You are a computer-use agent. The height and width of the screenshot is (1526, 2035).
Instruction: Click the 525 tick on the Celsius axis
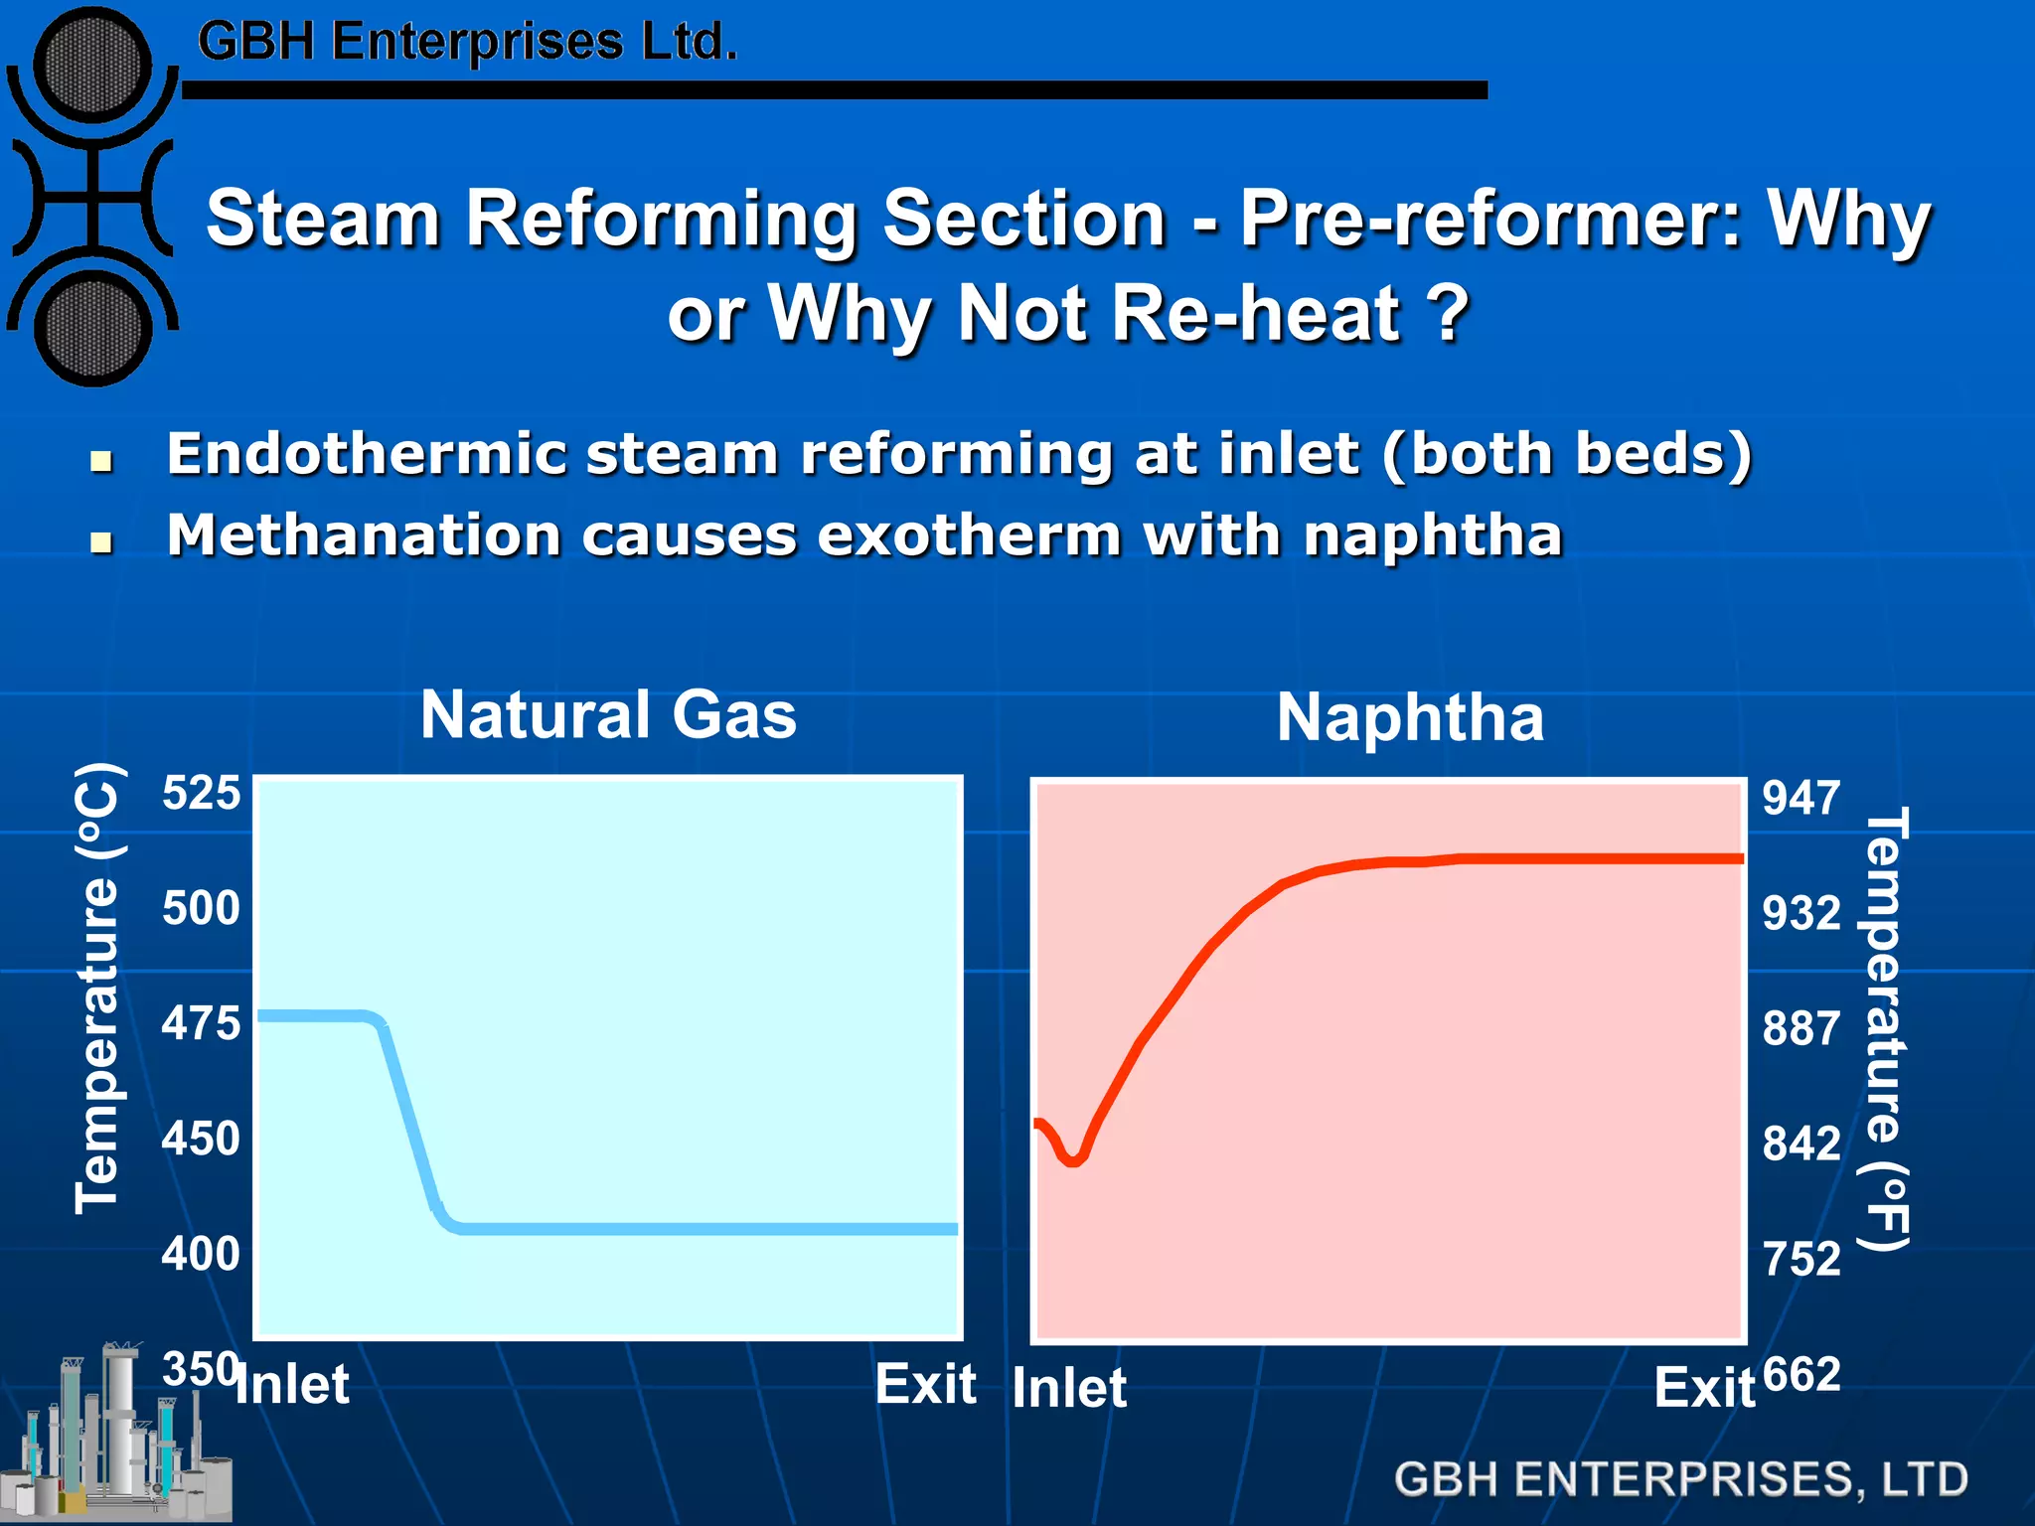(201, 794)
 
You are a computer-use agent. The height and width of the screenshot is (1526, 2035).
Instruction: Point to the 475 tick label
(201, 1023)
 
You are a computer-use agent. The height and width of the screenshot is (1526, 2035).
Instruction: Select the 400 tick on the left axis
(201, 1254)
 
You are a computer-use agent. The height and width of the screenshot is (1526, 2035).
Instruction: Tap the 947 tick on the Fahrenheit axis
(1801, 798)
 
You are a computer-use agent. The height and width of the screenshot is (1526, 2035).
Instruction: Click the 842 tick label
(1801, 1144)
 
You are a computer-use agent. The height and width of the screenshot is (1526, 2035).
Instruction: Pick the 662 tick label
(1801, 1376)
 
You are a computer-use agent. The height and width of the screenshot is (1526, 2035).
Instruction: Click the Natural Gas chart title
(608, 714)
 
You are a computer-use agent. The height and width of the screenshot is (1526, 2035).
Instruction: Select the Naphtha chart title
(1410, 717)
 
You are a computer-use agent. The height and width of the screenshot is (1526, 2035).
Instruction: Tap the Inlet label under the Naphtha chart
(1069, 1388)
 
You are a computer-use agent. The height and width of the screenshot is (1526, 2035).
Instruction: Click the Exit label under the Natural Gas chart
(925, 1384)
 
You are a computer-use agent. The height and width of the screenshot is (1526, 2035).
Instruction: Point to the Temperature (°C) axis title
(99, 988)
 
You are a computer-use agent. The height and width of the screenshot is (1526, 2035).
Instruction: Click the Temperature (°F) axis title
(1884, 1028)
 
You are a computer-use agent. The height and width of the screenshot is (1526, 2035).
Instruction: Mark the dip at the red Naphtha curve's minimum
(1072, 1159)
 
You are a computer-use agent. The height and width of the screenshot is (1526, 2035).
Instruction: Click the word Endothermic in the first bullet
(366, 454)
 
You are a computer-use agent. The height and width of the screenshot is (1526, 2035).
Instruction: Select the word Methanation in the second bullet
(363, 535)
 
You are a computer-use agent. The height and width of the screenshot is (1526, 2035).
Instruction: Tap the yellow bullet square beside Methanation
(100, 542)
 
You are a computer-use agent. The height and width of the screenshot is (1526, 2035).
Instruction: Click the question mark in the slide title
(1447, 314)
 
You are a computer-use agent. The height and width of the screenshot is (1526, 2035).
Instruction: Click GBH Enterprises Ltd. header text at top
(467, 42)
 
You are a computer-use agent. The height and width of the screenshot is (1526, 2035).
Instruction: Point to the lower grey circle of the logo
(92, 329)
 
